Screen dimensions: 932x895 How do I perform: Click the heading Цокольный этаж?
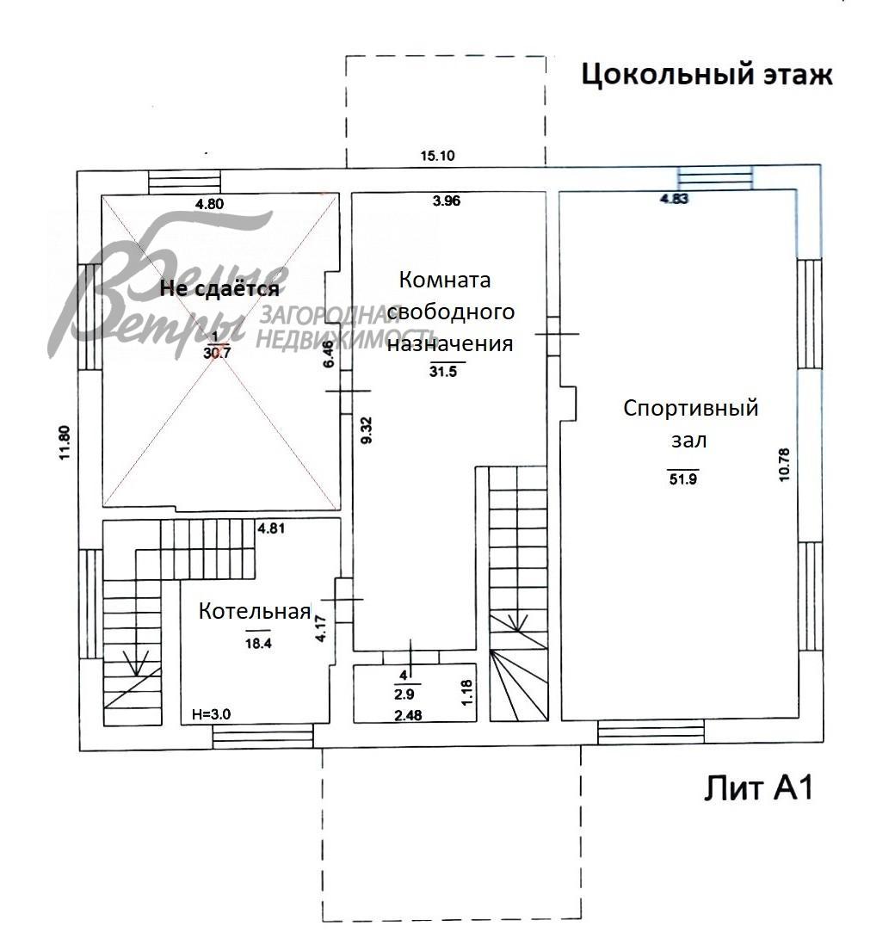(707, 75)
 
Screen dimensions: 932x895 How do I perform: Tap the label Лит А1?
(758, 787)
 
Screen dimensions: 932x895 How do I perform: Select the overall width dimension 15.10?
(437, 156)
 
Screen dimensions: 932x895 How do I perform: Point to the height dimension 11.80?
(65, 444)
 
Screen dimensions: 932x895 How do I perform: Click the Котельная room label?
(254, 612)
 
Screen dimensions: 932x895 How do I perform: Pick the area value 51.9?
(682, 479)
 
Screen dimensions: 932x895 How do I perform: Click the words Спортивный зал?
(690, 423)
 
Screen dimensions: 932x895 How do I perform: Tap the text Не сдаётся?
(219, 289)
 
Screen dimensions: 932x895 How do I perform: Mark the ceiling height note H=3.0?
(212, 713)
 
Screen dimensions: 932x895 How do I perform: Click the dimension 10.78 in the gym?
(784, 464)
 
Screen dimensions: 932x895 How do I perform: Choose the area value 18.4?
(256, 643)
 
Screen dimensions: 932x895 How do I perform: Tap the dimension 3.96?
(447, 201)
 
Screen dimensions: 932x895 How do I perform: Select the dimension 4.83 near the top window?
(676, 199)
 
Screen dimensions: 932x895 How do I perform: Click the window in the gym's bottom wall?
(651, 732)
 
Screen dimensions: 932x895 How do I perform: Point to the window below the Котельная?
(262, 737)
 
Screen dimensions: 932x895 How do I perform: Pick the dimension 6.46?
(328, 354)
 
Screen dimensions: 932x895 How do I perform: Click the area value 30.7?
(218, 351)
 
